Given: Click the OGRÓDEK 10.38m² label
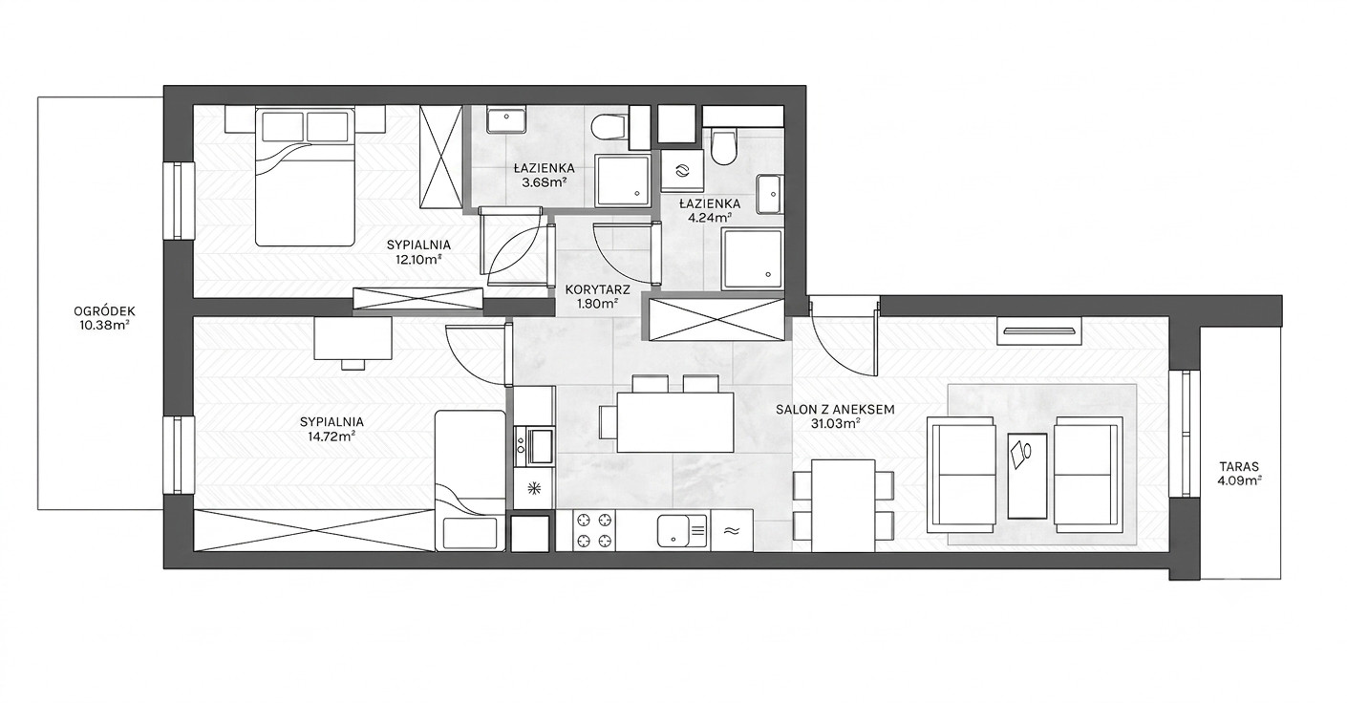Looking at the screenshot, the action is coord(104,319).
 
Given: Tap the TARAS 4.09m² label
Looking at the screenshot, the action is coord(1239,473).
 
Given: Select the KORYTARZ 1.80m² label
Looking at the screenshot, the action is coord(597,296).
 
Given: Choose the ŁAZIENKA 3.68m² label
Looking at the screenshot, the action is coord(545,175).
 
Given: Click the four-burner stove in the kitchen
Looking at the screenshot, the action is coord(593,530).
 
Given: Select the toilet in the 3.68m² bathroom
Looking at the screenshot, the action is coord(608,127).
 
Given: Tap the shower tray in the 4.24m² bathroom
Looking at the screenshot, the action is coord(753,259).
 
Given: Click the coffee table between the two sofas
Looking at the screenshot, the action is coord(1027,475).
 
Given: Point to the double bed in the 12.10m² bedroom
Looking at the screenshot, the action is coord(305,177).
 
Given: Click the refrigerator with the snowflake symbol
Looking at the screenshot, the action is coord(533,488).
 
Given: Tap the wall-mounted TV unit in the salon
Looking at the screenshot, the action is coord(1039,330).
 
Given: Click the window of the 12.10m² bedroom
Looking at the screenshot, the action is coord(179,202).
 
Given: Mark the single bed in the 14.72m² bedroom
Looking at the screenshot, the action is coord(470,480).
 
